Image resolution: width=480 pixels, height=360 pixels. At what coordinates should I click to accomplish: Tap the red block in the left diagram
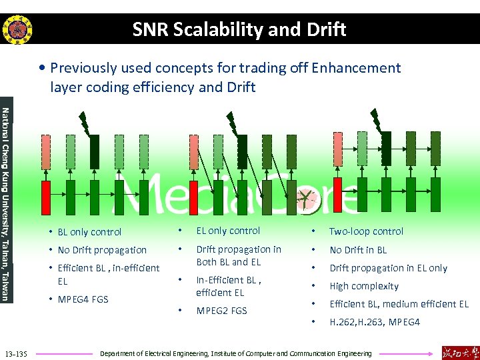(46, 198)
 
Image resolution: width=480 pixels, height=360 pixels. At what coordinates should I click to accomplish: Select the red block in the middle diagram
(193, 198)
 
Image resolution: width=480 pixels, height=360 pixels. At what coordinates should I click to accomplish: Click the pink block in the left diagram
(46, 153)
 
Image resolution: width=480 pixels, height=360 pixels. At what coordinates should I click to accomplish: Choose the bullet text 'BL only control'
(89, 232)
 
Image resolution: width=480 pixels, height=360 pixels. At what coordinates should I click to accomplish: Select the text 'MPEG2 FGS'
(221, 311)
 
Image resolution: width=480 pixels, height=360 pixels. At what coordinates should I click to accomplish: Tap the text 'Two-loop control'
(366, 231)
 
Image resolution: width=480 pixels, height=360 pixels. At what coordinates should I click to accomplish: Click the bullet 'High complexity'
(363, 286)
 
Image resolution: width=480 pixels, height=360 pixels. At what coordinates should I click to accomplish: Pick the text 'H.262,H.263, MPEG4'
(374, 322)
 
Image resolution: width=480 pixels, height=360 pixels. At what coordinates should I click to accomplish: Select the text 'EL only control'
(228, 231)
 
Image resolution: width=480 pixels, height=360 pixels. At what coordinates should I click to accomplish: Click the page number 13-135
(16, 353)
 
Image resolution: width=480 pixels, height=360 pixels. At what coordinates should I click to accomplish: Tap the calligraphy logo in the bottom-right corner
(459, 352)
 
